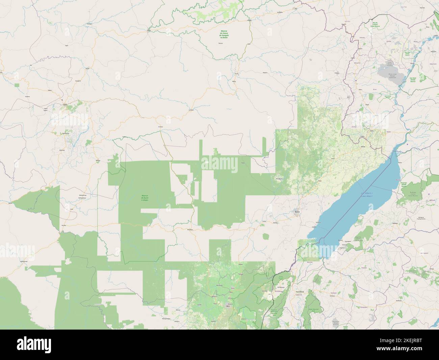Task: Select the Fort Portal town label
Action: coord(300,291)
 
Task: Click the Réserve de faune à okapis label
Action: coord(146,198)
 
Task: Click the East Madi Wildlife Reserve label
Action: coord(413,80)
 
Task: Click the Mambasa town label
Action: coord(190,230)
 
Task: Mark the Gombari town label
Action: coord(191,110)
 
